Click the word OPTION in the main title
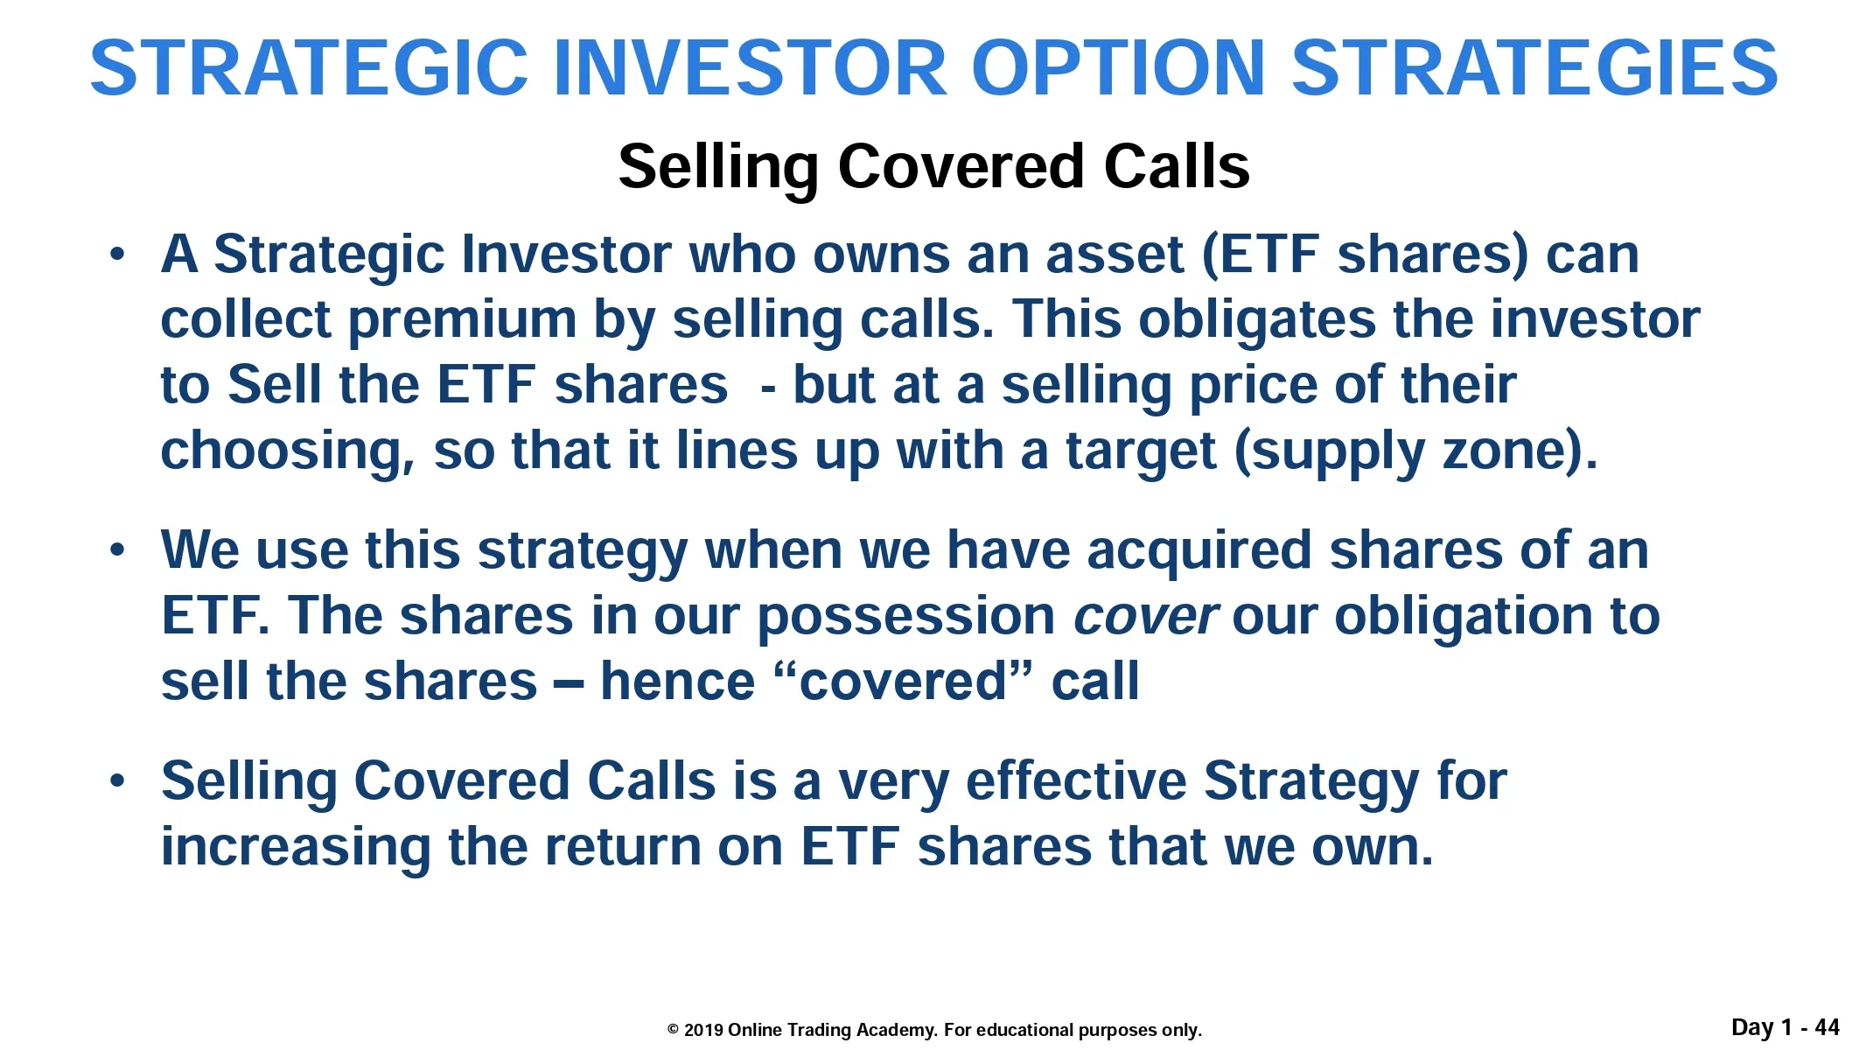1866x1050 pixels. point(1118,67)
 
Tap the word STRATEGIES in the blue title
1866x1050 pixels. point(1534,67)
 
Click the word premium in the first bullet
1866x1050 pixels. point(463,320)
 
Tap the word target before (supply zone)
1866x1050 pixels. point(1141,451)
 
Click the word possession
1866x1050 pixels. point(906,617)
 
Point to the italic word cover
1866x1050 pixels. point(1144,617)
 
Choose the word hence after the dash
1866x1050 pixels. point(677,682)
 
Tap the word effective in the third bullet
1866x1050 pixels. point(1076,780)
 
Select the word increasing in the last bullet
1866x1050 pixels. point(296,848)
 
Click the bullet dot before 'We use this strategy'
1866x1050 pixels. point(117,551)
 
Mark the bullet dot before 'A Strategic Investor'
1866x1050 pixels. point(117,255)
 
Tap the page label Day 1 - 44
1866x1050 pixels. point(1786,1027)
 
